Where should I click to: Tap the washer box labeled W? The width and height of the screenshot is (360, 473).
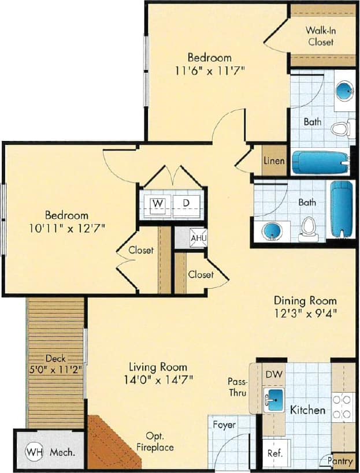click(157, 203)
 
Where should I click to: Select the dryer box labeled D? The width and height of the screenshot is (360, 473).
click(186, 203)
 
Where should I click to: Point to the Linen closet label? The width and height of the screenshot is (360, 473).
click(274, 161)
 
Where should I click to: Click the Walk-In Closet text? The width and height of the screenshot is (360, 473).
click(320, 36)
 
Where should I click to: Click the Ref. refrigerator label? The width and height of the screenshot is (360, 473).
click(274, 454)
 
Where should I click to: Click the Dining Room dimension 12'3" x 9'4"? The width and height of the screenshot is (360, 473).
click(305, 313)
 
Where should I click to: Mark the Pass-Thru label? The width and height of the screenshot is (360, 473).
click(237, 388)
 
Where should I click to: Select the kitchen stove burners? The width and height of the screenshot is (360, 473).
click(343, 405)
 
